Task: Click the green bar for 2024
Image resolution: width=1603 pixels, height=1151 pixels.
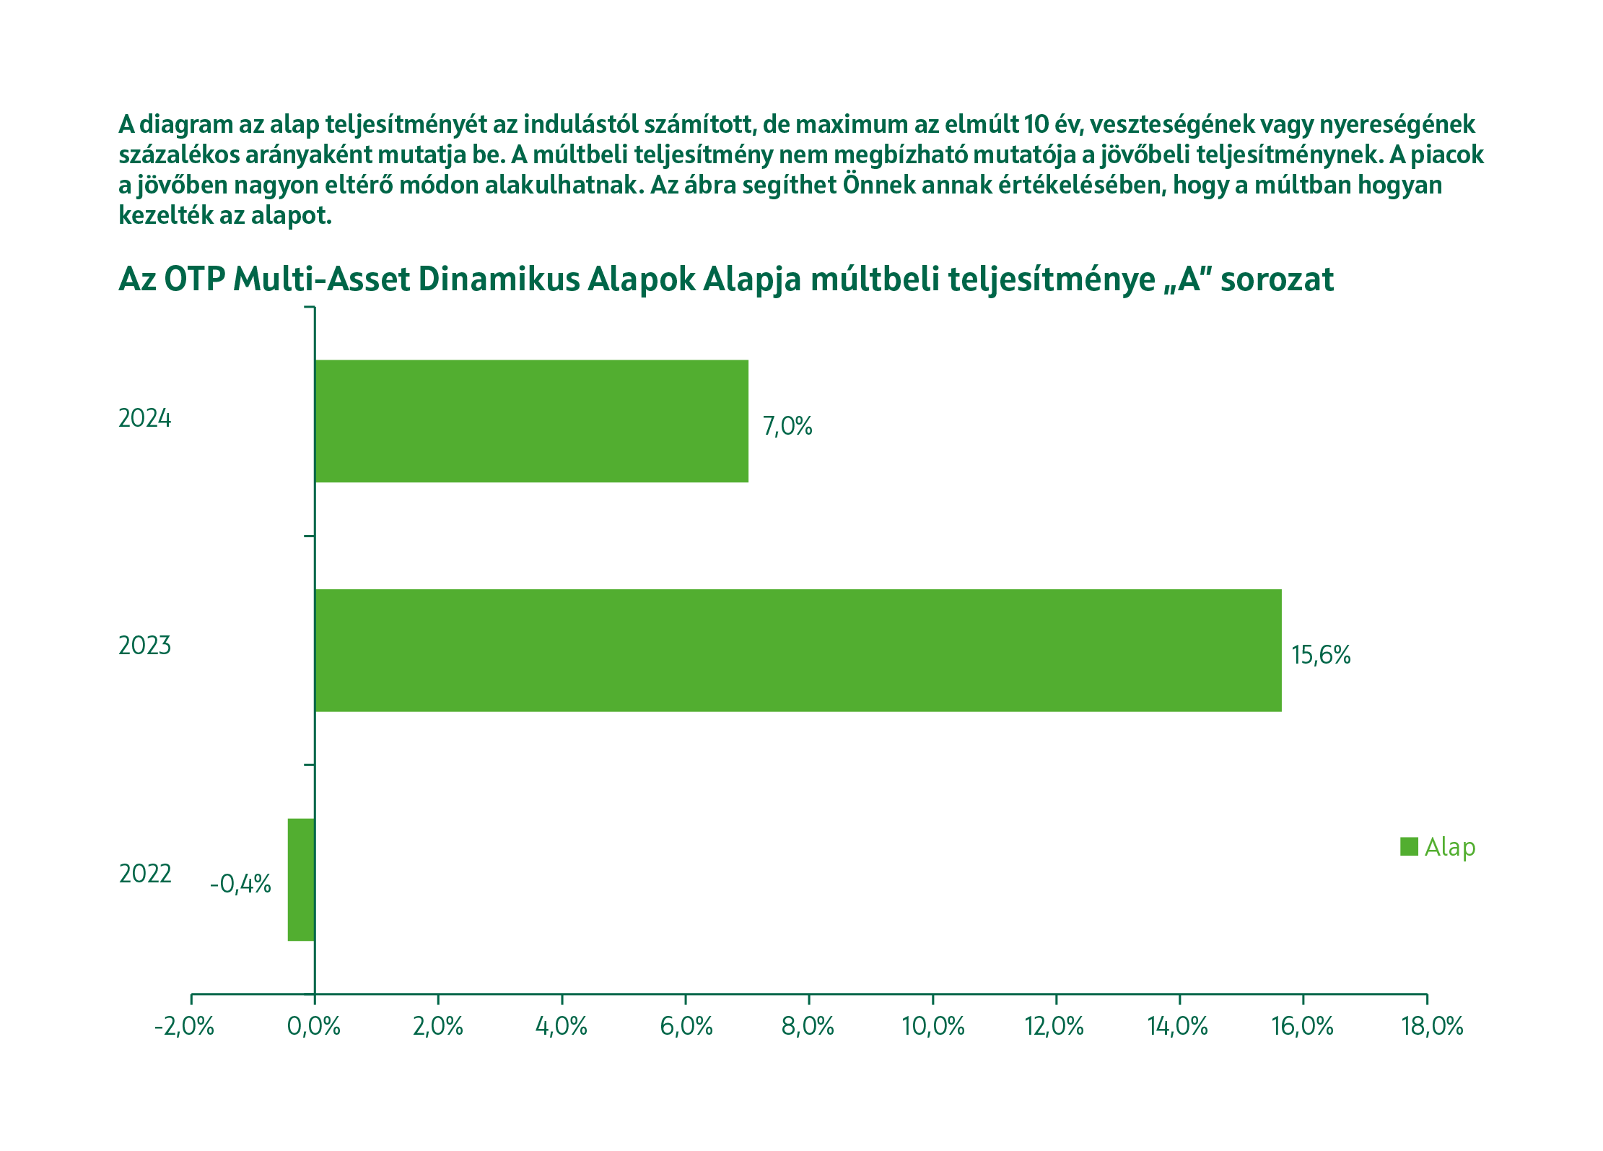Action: (x=531, y=421)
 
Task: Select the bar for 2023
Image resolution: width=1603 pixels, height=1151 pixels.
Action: (x=798, y=650)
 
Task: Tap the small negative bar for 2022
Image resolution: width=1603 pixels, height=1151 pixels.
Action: (x=301, y=879)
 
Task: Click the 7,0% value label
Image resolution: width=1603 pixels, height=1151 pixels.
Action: (x=787, y=426)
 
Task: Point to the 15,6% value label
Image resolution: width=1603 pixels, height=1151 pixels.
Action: (x=1320, y=655)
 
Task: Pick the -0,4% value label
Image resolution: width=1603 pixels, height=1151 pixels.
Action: (x=240, y=884)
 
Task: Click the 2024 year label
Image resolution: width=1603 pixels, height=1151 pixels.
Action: (x=145, y=418)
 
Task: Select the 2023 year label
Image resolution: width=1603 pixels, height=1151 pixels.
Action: (x=145, y=646)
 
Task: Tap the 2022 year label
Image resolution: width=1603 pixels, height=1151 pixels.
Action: (x=145, y=874)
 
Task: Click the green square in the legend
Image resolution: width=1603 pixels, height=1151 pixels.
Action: (x=1409, y=846)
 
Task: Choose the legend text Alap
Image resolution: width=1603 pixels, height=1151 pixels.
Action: (x=1449, y=847)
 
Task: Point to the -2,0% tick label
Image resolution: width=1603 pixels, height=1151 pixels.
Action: (x=184, y=1026)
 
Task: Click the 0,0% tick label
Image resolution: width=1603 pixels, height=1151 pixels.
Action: (x=314, y=1026)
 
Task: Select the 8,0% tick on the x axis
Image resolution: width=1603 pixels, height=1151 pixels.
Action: (x=808, y=1026)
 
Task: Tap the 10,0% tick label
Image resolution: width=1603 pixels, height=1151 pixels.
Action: (x=932, y=1026)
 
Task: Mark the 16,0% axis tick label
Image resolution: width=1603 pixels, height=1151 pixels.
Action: (x=1302, y=1026)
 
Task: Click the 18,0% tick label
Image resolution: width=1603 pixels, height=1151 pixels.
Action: (x=1432, y=1026)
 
